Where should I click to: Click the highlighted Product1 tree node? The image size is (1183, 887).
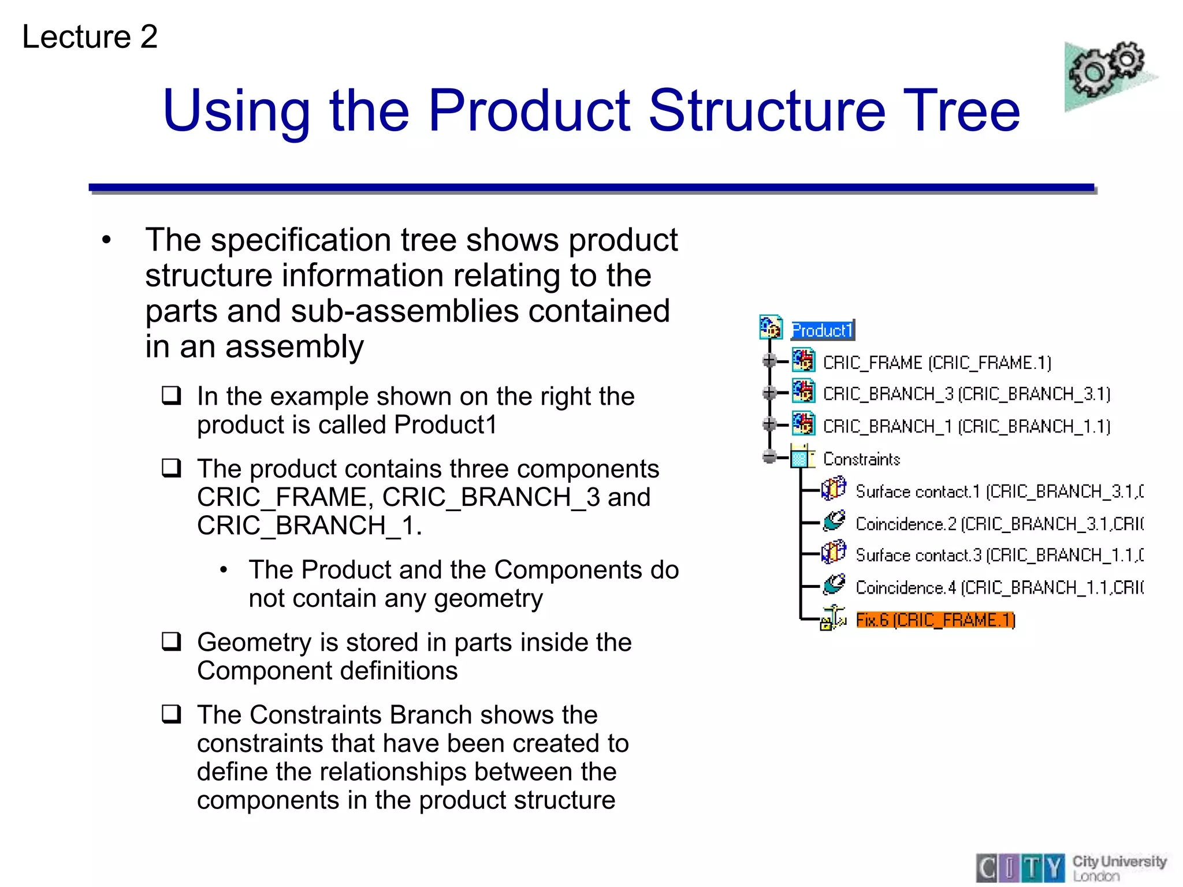point(822,330)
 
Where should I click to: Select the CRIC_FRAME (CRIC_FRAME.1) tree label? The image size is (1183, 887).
point(936,363)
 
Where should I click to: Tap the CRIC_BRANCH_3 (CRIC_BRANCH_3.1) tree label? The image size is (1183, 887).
point(966,394)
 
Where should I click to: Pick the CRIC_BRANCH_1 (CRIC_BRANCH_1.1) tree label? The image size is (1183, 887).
point(966,426)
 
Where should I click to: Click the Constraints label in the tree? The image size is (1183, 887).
point(861,459)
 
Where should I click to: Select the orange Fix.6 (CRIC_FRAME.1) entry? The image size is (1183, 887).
point(935,620)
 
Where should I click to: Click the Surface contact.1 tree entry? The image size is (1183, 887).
point(999,491)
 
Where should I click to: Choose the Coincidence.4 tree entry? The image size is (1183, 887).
point(999,587)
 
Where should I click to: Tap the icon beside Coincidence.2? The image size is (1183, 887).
point(834,521)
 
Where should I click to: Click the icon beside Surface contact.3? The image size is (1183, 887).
point(834,552)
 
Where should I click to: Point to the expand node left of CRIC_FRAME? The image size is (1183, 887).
point(769,361)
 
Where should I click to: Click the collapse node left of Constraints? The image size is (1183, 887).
point(769,457)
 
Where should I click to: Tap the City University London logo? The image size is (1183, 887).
point(1072,868)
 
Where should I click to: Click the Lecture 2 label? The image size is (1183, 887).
point(90,37)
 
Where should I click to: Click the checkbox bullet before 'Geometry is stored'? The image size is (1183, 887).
point(172,642)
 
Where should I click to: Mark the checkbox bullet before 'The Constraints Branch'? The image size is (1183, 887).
point(172,714)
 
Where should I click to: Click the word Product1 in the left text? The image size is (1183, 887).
point(445,425)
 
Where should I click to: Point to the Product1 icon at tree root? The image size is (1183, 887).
point(771,327)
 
